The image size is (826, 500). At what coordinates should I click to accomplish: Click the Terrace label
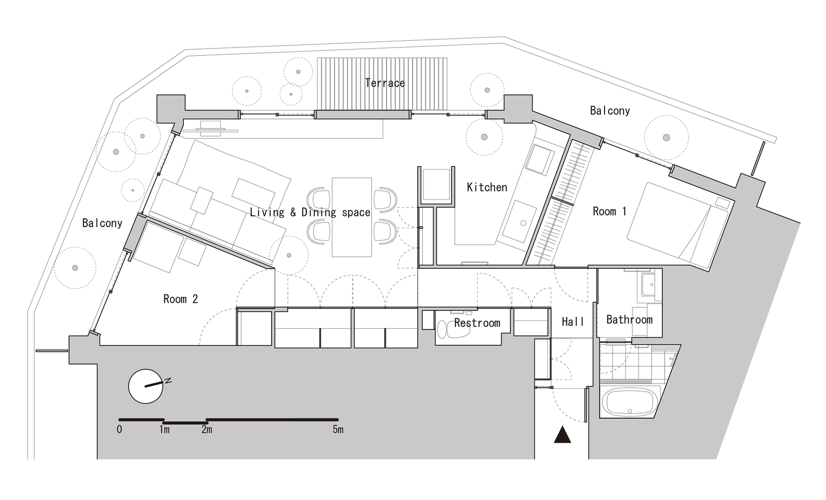385,83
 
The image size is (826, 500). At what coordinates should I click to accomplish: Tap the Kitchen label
487,187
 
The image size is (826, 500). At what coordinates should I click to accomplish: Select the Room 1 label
609,211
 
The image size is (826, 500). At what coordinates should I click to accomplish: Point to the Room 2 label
180,299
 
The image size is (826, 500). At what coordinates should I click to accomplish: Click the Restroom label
477,323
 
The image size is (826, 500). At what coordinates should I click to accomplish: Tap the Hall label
573,322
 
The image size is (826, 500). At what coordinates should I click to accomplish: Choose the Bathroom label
629,319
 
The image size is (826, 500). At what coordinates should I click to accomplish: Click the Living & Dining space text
310,212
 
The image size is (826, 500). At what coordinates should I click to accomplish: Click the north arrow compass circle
145,386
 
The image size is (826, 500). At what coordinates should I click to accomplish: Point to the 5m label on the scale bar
338,430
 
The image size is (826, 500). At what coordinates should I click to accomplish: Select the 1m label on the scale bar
164,430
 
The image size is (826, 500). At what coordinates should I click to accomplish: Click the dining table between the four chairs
352,217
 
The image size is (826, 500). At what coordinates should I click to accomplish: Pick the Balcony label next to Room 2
102,223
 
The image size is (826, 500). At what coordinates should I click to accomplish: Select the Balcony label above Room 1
609,111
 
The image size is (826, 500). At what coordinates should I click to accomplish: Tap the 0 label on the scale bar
120,430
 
